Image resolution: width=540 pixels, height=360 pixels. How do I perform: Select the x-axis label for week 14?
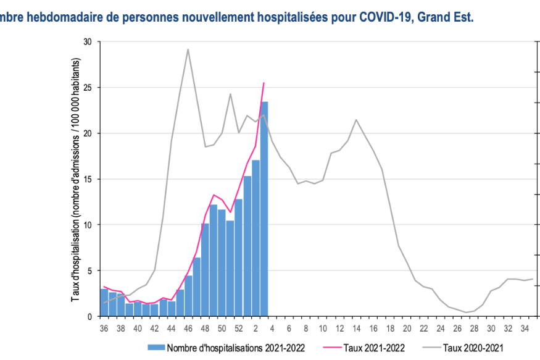click(356, 328)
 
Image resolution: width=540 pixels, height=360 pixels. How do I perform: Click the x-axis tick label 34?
click(524, 328)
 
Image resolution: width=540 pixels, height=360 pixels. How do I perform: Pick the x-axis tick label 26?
click(457, 328)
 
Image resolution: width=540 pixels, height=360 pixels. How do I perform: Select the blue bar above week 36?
click(104, 303)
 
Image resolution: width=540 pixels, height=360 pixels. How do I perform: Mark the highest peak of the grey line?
click(188, 49)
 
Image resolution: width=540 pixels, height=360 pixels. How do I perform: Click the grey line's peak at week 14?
click(356, 120)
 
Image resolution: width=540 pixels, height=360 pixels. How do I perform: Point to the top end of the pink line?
click(264, 83)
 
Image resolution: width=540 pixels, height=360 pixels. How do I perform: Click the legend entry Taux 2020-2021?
click(472, 348)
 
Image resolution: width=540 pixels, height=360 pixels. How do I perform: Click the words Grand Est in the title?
click(445, 17)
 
